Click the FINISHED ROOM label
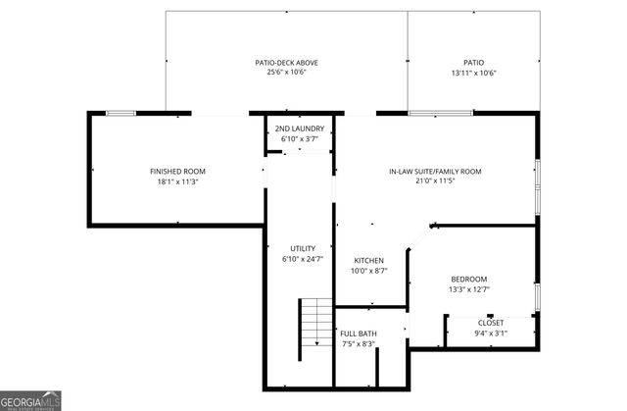(x=177, y=172)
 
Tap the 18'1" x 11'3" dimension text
(x=177, y=181)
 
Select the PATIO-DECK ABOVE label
(x=286, y=63)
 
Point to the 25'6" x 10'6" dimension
(x=286, y=73)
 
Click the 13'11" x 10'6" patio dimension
(x=473, y=73)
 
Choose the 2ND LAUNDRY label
(x=299, y=128)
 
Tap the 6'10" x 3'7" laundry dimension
(x=299, y=138)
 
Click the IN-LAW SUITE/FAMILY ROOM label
(x=435, y=172)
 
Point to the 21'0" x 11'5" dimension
(x=435, y=181)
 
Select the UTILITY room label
(x=302, y=248)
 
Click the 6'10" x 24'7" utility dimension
(x=302, y=259)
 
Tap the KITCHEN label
(x=369, y=260)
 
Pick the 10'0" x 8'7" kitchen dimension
(x=369, y=271)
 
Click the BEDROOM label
(x=468, y=280)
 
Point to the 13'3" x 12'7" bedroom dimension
(x=468, y=289)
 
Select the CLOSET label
(x=491, y=323)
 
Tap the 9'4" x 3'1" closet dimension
(x=491, y=334)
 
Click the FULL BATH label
(x=358, y=334)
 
